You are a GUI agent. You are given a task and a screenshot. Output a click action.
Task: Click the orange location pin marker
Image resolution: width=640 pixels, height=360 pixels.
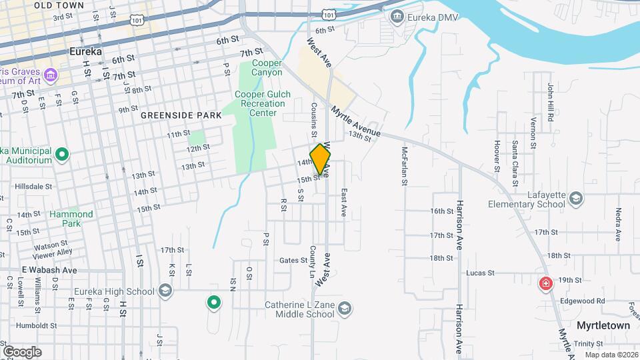(321, 159)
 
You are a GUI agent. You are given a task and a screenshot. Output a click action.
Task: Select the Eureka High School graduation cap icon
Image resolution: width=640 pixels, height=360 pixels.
(165, 291)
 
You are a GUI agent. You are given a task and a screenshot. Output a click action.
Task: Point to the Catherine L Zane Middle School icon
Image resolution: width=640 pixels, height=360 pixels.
(344, 309)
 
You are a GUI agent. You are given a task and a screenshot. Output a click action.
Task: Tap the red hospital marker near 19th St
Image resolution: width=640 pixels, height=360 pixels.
(546, 284)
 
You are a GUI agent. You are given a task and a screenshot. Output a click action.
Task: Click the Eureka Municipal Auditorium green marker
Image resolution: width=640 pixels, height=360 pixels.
(62, 156)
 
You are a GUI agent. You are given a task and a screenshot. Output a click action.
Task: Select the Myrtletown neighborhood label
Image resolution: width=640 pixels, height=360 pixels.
(604, 325)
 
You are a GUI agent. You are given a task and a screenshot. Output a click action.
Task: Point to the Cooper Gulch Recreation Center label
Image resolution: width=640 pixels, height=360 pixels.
(263, 103)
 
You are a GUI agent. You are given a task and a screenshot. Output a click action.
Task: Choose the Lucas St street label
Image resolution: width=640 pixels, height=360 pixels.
(480, 273)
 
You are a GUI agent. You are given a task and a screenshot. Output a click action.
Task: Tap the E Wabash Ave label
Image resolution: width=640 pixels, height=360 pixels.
(49, 270)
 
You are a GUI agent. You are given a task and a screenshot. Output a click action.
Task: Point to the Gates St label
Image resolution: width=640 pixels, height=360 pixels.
(293, 261)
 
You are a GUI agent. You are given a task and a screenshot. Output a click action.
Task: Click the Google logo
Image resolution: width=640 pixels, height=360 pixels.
(22, 351)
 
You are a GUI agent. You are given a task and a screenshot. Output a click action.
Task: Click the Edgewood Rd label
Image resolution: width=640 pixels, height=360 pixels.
(583, 301)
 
